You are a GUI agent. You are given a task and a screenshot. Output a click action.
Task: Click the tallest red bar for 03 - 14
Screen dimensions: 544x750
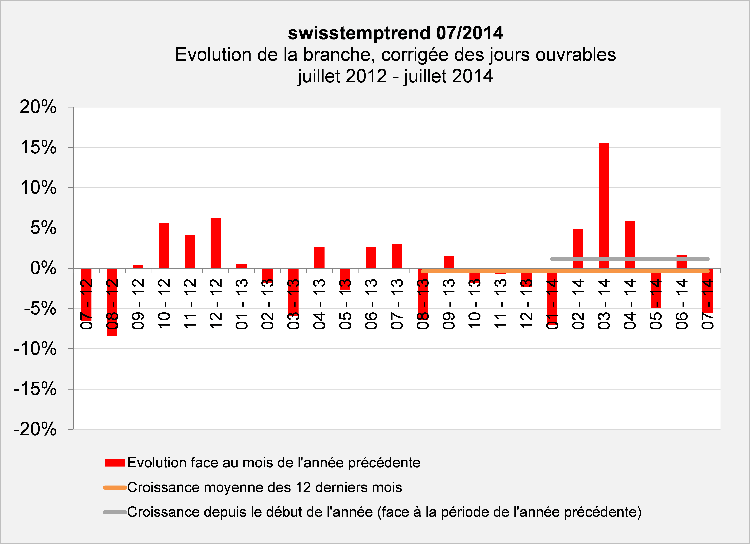[x=604, y=205]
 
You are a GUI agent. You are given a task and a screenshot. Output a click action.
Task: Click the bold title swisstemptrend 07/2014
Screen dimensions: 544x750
[x=395, y=33]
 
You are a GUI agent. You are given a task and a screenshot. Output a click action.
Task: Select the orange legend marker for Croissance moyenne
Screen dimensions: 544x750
[x=115, y=487]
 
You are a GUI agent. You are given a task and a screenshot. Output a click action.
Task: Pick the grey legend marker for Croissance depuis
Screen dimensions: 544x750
[x=115, y=512]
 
